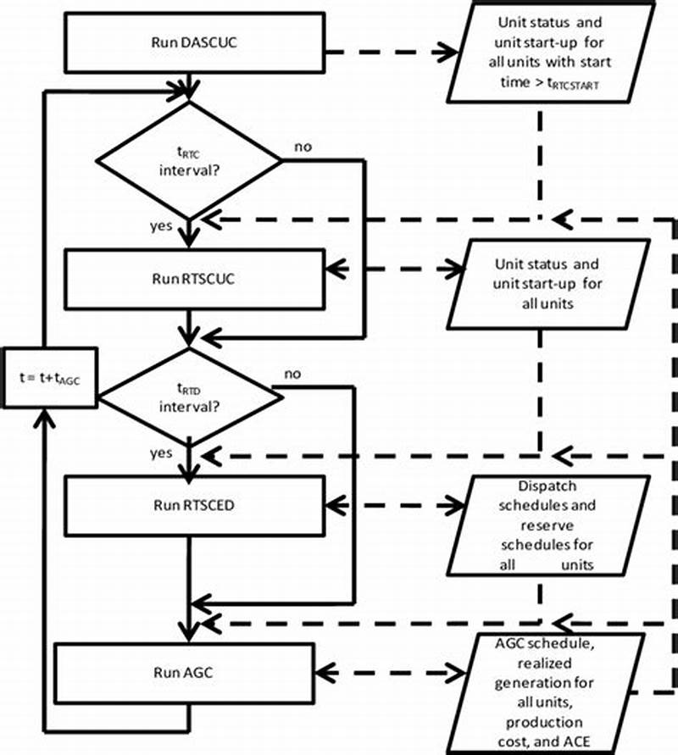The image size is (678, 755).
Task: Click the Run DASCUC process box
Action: pyautogui.click(x=193, y=42)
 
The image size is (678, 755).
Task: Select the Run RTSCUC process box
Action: pyautogui.click(x=193, y=279)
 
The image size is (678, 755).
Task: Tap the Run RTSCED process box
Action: pyautogui.click(x=193, y=506)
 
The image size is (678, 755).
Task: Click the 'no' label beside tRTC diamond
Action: pyautogui.click(x=302, y=147)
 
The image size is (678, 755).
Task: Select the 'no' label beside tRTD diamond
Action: pyautogui.click(x=292, y=373)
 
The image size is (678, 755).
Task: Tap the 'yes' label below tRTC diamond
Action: pyautogui.click(x=162, y=226)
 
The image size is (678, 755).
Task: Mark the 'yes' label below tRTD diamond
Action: pyautogui.click(x=161, y=452)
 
